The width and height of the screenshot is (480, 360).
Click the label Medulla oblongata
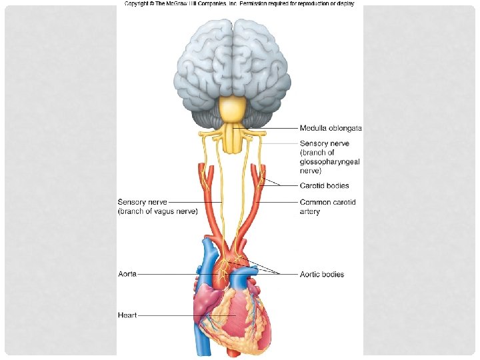[331, 128]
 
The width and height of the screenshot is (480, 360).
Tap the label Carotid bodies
[324, 186]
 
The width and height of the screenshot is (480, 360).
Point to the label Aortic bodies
[322, 274]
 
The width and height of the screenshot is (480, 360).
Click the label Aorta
[127, 274]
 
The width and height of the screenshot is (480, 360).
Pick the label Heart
[127, 315]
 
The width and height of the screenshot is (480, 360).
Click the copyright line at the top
[239, 4]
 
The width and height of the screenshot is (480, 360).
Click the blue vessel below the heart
[202, 343]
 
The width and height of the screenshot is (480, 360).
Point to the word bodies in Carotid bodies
[336, 186]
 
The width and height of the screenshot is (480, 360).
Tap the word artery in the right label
[310, 212]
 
